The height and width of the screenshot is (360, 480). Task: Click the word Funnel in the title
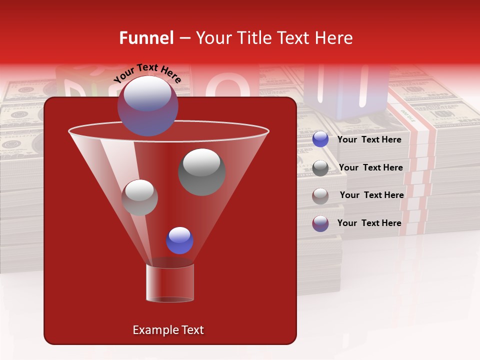146,38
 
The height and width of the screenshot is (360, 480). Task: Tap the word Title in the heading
253,38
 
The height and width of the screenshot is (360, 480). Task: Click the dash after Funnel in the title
184,38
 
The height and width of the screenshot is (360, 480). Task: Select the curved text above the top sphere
147,72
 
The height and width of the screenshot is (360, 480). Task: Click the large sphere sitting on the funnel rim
147,105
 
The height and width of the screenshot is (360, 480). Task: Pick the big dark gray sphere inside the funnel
201,171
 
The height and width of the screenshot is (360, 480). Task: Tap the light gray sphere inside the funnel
139,197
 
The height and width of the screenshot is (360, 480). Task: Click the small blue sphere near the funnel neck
179,240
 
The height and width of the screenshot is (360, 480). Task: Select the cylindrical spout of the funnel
170,282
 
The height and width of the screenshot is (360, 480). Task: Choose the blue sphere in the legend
320,139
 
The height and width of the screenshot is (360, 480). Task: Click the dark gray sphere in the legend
320,168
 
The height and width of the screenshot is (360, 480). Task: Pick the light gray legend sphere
320,195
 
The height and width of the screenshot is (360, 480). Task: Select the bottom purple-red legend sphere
320,223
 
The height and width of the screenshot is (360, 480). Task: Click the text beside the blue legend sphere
369,139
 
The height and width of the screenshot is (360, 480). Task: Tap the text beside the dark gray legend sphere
370,167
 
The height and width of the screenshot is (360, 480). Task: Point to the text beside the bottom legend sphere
369,223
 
